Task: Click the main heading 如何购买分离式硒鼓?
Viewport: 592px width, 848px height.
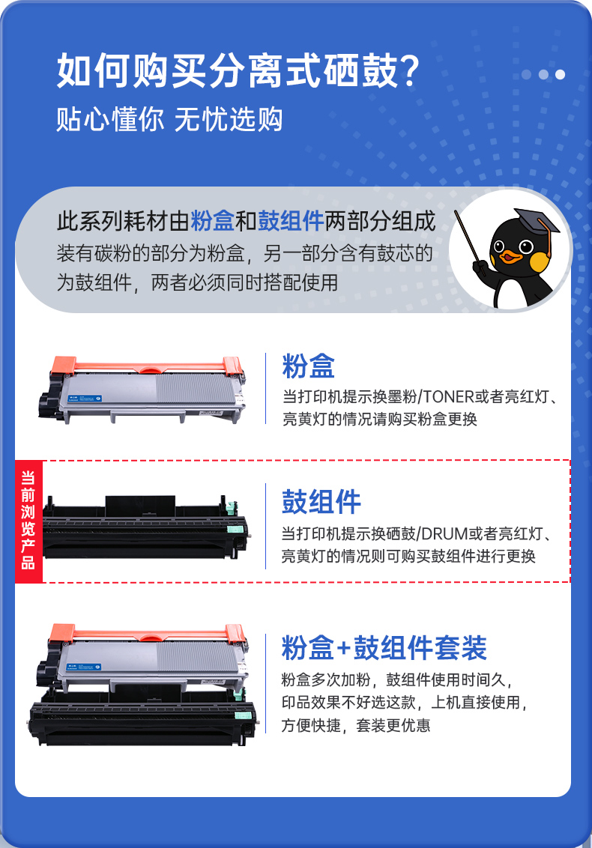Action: [x=238, y=71]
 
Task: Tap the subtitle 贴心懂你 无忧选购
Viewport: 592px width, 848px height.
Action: [x=169, y=120]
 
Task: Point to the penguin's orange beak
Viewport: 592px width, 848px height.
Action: [x=510, y=255]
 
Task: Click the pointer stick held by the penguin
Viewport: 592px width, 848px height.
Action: [x=469, y=241]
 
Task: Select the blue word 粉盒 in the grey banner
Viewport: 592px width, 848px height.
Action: [x=212, y=221]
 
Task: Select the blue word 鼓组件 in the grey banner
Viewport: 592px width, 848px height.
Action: [x=291, y=221]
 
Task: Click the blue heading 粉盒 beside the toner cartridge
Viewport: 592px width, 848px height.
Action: [x=309, y=366]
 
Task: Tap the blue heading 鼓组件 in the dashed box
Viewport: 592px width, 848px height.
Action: [x=321, y=501]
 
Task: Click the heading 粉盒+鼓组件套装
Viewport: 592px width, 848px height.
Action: [x=384, y=647]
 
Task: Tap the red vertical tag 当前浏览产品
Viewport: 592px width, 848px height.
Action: [x=28, y=521]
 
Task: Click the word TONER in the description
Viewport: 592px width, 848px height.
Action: [x=448, y=397]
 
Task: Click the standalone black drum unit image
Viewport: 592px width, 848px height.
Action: [x=146, y=528]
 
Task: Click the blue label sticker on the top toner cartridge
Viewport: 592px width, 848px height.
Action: [x=85, y=399]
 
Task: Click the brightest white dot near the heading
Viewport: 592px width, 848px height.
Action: [x=560, y=75]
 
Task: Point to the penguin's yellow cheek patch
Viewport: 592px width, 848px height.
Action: [x=540, y=262]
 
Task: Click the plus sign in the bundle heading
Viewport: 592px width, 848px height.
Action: [x=344, y=649]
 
